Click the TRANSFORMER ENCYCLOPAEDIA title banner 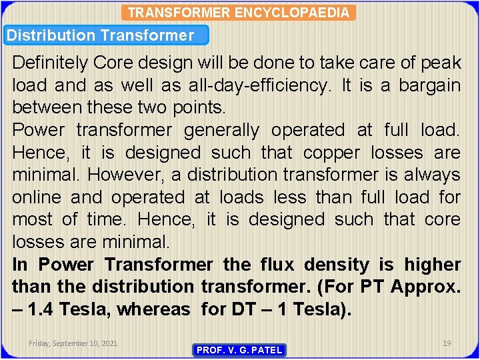coord(239,13)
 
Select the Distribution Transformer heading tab coord(101,36)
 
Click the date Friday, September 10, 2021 coord(73,343)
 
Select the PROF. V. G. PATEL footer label coord(239,350)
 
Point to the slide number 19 coord(447,343)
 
